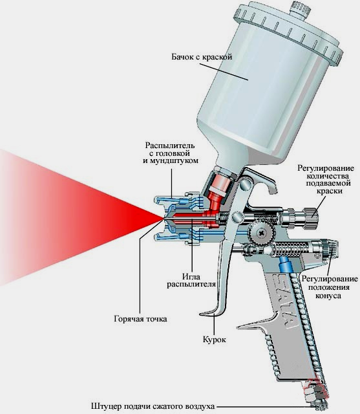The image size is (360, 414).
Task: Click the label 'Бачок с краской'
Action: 202,57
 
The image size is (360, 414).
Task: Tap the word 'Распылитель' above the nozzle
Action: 170,145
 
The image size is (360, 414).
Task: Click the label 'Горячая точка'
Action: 140,319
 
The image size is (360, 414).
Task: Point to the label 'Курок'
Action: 214,339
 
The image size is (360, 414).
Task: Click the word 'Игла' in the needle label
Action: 191,276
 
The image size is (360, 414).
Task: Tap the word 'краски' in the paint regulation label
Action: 329,191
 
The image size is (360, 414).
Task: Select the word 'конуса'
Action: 328,296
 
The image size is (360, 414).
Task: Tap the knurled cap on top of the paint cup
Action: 300,10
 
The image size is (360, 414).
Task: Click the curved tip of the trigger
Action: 202,314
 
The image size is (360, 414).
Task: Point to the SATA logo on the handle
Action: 284,301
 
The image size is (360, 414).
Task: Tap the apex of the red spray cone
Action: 163,219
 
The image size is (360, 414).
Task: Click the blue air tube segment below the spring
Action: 285,263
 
